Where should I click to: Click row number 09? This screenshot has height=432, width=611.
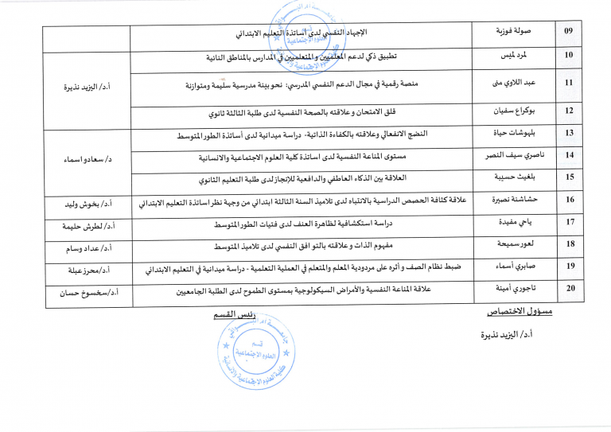pos(568,31)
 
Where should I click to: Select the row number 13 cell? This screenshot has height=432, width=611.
pos(568,133)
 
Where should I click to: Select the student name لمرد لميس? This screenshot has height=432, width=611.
pos(517,55)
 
